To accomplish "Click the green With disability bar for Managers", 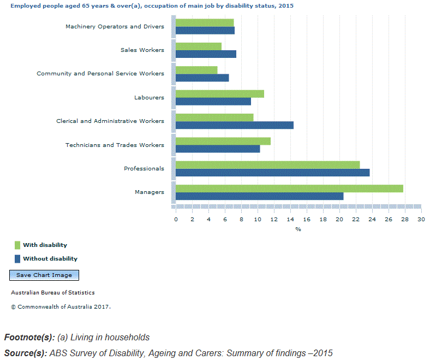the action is (289, 188).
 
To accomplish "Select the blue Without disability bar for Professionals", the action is (273, 173).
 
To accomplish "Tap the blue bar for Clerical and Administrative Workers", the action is (235, 125).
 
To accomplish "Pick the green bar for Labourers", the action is (220, 94).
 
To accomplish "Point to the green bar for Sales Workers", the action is (199, 46).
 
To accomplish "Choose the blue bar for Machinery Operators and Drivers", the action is (205, 31).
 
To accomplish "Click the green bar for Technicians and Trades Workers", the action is (223, 141).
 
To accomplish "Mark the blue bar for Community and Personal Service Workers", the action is (202, 78).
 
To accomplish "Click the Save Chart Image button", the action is (44, 275).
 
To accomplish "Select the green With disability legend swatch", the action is (17, 245).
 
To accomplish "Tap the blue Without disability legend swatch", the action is (17, 259).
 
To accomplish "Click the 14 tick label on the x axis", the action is (290, 220).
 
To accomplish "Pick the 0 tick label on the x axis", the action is (176, 220).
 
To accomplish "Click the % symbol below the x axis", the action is (298, 229).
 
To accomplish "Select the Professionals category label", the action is (144, 168).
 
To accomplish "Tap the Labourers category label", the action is (149, 97).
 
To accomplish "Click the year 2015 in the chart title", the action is (286, 6).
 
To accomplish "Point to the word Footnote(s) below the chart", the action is (29, 337).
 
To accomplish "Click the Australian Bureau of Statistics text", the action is (53, 293).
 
